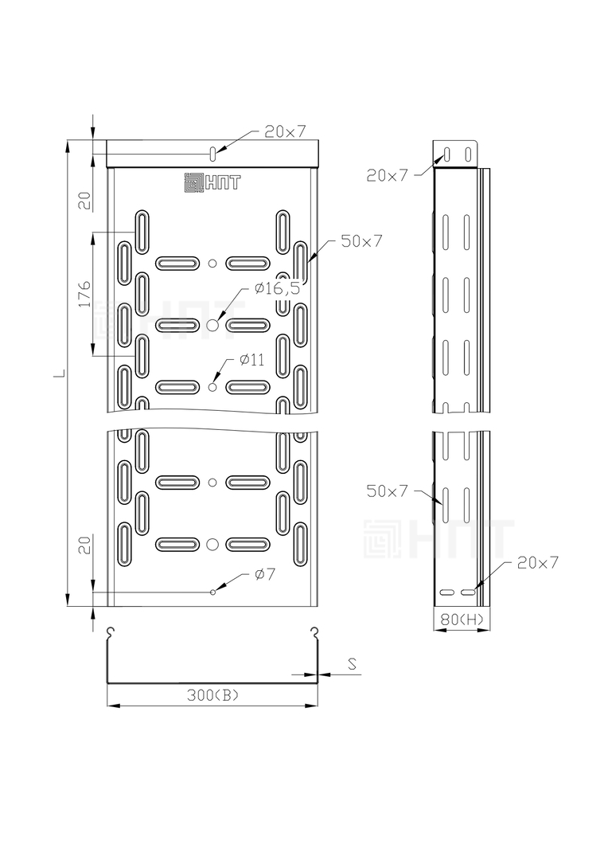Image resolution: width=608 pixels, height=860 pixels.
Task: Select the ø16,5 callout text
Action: tap(278, 288)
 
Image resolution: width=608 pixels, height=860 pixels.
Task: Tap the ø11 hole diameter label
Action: tap(252, 360)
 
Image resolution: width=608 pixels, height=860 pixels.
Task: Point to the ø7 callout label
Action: tap(265, 574)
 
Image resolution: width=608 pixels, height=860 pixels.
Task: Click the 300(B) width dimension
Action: tap(213, 695)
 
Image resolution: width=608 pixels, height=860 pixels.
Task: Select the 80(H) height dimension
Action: tap(462, 620)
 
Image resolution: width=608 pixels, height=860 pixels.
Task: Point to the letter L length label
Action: tap(62, 374)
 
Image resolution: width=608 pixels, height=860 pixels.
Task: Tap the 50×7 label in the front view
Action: tap(361, 240)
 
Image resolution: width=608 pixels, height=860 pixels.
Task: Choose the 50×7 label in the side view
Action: tap(388, 491)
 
